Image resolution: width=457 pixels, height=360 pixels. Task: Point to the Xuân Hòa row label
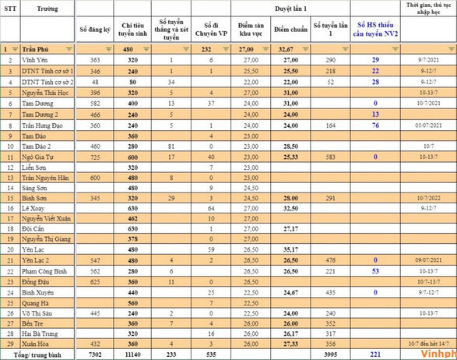(x=35, y=343)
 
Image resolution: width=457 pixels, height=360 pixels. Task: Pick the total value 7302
(x=95, y=354)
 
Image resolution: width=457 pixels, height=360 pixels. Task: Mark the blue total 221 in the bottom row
(x=374, y=354)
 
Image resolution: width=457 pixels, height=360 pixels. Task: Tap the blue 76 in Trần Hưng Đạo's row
(x=375, y=125)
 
